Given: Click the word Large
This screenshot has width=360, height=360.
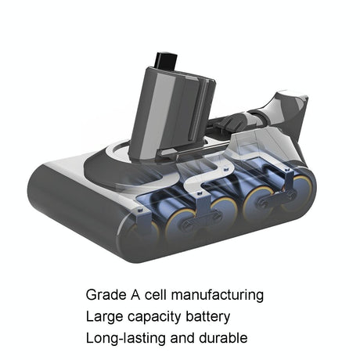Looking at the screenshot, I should pos(103,318).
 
